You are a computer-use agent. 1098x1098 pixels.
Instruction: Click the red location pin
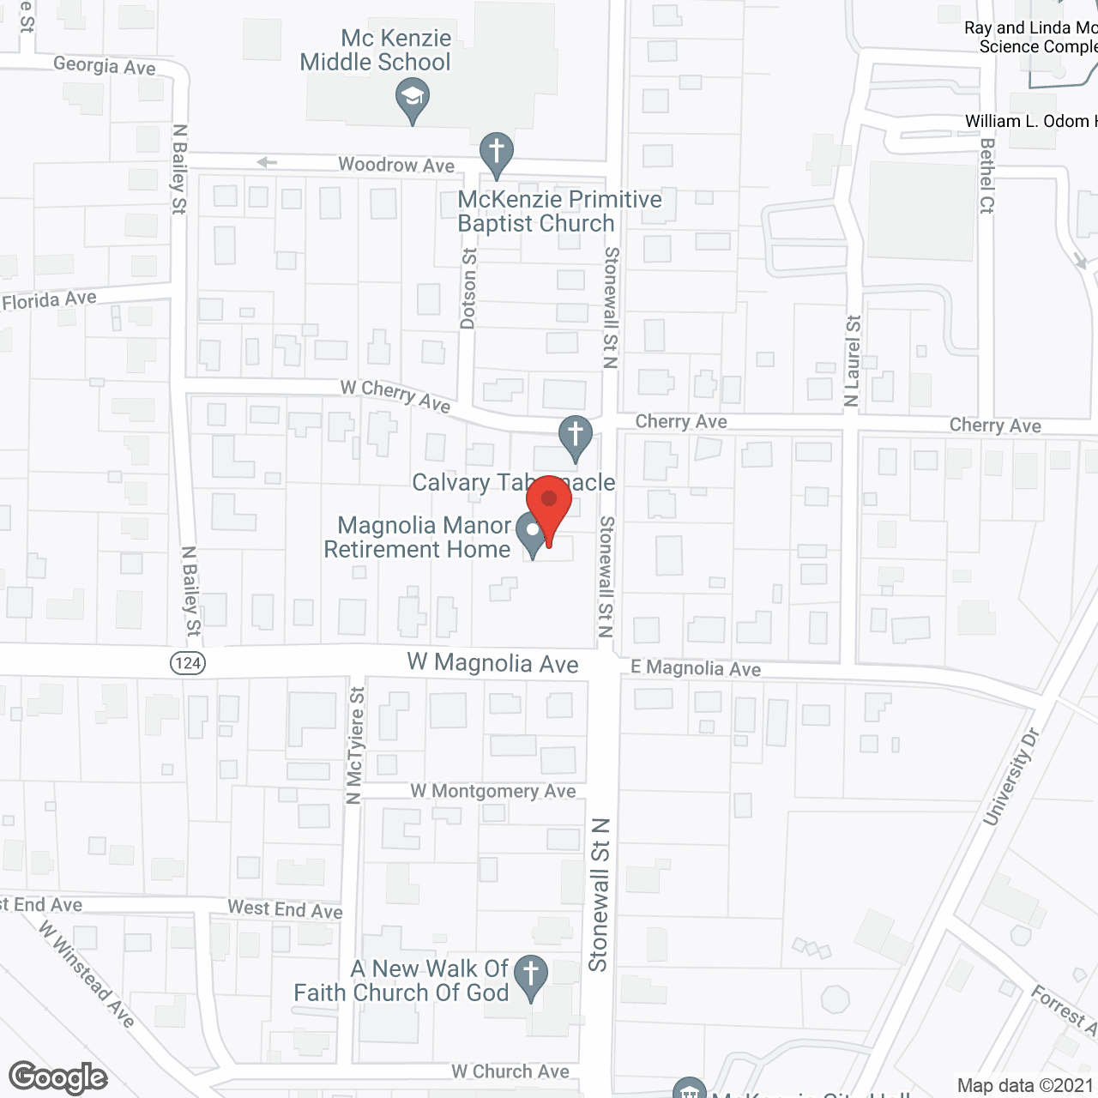click(549, 506)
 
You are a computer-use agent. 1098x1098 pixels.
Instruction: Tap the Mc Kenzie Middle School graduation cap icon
click(413, 98)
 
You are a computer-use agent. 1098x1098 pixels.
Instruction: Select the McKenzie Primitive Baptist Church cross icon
click(496, 153)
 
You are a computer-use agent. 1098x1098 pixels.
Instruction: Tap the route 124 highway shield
click(188, 662)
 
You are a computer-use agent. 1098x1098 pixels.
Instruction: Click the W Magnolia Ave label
click(492, 663)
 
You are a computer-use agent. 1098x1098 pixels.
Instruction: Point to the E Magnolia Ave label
click(696, 668)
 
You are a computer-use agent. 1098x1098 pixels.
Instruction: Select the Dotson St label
click(468, 288)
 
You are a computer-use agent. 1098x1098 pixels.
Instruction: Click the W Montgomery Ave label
click(492, 791)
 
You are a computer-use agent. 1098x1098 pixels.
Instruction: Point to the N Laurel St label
click(852, 360)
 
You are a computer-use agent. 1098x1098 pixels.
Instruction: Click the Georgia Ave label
click(105, 66)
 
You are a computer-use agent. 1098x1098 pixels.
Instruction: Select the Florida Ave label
click(50, 300)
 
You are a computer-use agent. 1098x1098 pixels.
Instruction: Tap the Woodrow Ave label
click(396, 165)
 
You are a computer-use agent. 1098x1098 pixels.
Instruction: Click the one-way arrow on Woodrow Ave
click(267, 162)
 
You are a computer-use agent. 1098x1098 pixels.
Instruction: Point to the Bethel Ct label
click(986, 176)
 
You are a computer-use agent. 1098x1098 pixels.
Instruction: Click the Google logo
click(58, 1077)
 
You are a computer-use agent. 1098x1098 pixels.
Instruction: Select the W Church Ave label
click(510, 1071)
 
